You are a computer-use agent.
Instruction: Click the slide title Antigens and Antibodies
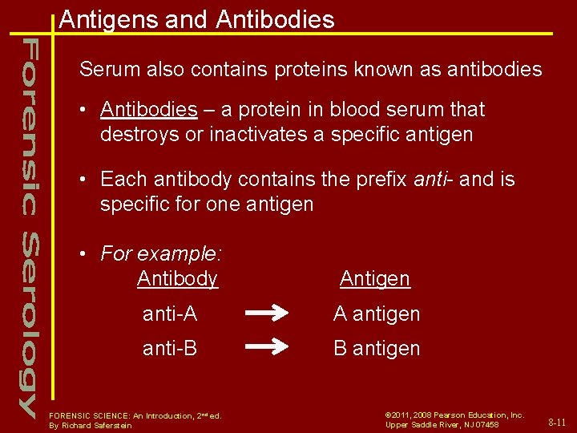(196, 19)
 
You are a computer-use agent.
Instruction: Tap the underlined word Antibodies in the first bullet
(149, 110)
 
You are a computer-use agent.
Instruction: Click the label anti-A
(170, 314)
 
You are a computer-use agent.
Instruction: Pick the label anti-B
(170, 348)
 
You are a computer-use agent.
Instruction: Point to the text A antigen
(377, 314)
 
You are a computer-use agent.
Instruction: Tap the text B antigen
(377, 348)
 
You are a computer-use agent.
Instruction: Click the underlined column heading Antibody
(177, 279)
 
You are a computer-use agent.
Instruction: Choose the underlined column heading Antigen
(374, 279)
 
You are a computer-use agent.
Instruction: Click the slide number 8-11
(557, 422)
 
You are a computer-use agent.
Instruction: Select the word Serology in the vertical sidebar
(29, 325)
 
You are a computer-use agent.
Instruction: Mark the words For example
(160, 255)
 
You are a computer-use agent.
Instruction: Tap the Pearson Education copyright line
(454, 415)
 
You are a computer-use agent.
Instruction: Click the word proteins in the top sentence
(302, 70)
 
